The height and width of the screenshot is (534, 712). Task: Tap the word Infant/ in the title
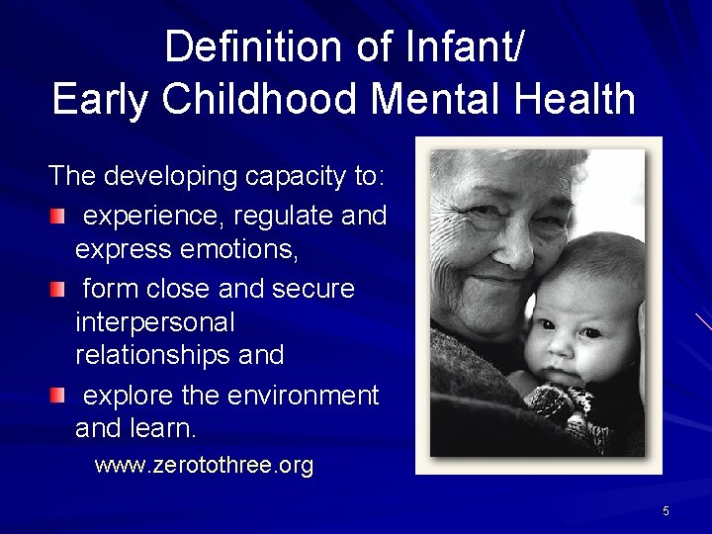click(456, 47)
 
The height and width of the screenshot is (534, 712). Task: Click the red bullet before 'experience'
click(60, 216)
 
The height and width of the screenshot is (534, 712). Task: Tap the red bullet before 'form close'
click(60, 290)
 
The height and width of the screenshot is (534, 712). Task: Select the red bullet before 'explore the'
click(60, 397)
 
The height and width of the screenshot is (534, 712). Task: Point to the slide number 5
click(666, 511)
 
